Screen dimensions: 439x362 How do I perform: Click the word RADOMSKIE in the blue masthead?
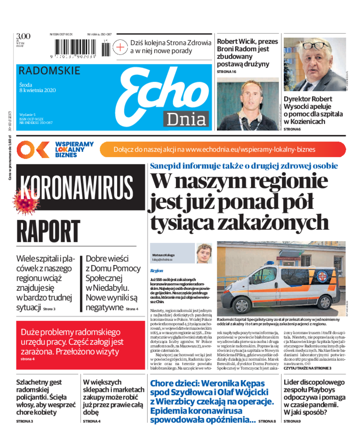50,71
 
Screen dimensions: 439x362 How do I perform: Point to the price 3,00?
23,37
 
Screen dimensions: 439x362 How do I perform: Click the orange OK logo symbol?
32,149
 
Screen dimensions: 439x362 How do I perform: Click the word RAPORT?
48,232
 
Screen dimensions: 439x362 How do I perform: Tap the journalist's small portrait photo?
204,253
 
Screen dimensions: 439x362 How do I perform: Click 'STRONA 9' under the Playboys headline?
292,421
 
